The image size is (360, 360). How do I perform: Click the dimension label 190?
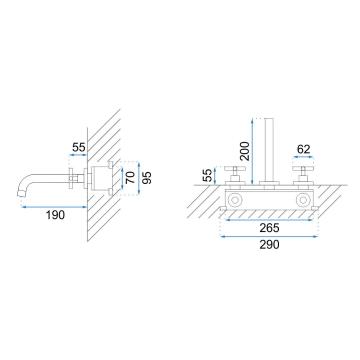[55, 215]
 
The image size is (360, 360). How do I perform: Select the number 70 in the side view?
[130, 177]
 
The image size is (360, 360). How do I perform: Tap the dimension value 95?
[147, 177]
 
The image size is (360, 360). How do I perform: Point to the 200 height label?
[244, 151]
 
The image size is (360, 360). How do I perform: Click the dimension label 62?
[303, 149]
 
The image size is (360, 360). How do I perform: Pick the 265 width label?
[269, 228]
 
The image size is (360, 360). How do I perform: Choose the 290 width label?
[269, 244]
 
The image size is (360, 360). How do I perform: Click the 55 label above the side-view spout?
[79, 147]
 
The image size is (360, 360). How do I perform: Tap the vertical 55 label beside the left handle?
[207, 175]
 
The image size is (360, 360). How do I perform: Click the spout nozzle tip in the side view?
[22, 193]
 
